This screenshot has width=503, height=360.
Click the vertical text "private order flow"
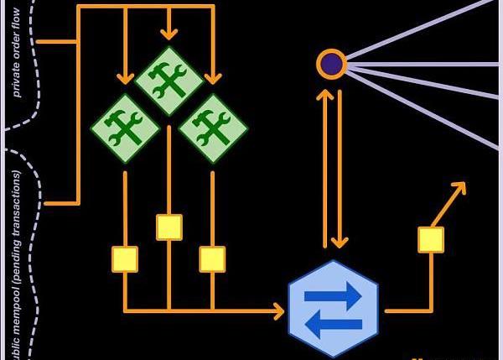[17, 63]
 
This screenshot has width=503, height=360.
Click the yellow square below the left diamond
[125, 258]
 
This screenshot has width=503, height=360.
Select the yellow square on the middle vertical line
[169, 227]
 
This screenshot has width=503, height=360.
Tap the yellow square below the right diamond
[213, 258]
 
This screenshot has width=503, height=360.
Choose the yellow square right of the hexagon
[431, 239]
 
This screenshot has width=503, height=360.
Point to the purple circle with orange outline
[331, 64]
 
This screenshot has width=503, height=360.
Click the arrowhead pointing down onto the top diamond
[169, 34]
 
